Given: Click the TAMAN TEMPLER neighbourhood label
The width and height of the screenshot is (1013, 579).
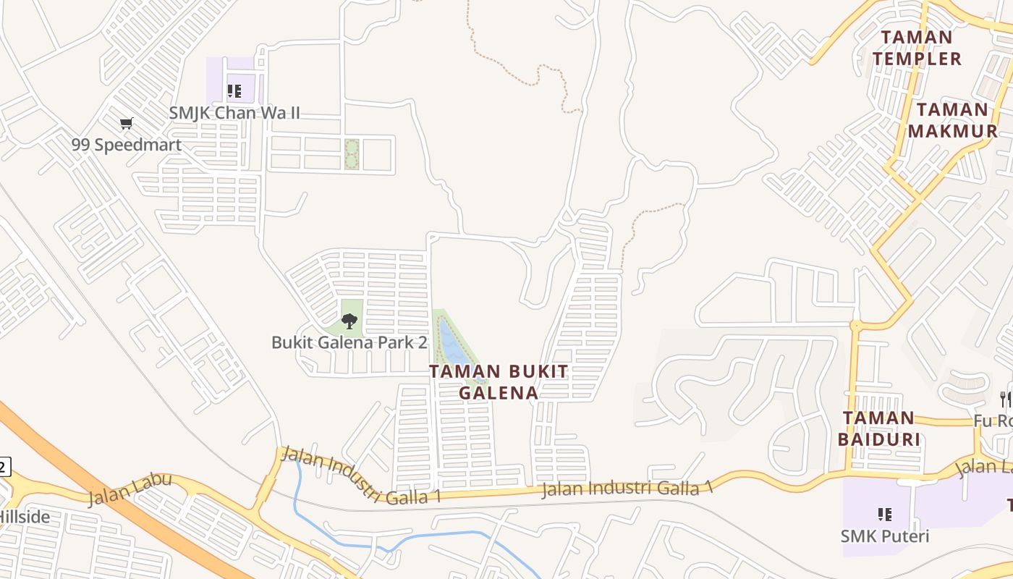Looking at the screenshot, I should click(x=917, y=48).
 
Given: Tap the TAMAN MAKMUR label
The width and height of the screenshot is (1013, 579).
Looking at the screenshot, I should click(x=952, y=120).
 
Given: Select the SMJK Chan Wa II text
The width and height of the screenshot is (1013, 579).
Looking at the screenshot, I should click(x=234, y=113).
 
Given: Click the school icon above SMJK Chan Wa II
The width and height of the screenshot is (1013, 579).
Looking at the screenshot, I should click(x=234, y=91).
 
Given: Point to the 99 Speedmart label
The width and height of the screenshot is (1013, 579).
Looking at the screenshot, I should click(x=126, y=144).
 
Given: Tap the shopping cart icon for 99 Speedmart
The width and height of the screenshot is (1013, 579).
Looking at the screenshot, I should click(x=127, y=123).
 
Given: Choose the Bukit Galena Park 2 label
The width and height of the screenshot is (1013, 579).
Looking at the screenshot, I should click(x=349, y=342).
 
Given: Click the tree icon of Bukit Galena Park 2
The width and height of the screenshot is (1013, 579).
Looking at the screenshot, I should click(x=349, y=321).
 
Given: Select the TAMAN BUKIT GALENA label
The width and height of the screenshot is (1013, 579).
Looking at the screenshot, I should click(x=499, y=381).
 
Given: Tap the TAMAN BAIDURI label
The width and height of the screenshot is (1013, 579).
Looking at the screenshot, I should click(x=879, y=428).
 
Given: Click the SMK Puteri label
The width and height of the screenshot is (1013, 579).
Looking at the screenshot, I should click(x=884, y=536).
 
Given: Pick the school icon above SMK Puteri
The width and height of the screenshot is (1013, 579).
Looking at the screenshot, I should click(x=884, y=515).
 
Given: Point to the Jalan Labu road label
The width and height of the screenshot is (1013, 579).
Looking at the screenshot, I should click(x=130, y=489).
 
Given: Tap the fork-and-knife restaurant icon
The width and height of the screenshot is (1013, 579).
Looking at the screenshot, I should click(x=1005, y=399).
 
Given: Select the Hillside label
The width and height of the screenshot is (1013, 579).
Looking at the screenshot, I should click(x=25, y=517).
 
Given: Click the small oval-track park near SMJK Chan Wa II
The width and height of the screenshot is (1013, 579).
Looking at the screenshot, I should click(x=352, y=154).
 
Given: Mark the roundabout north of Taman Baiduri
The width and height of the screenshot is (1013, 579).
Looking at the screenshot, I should click(x=856, y=326).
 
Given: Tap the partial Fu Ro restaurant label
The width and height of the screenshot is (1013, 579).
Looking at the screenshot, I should click(x=993, y=420).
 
